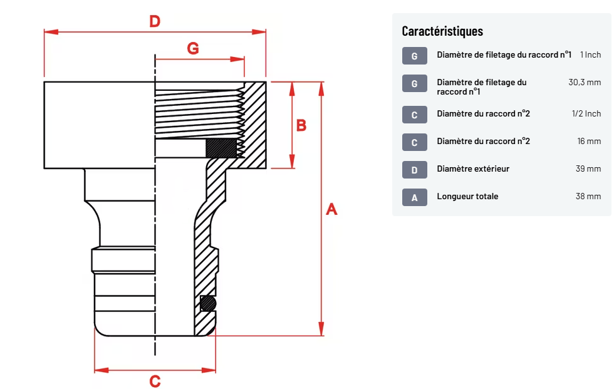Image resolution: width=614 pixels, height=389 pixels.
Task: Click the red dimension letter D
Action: (x=154, y=21)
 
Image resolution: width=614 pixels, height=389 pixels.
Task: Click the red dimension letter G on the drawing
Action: (x=193, y=48)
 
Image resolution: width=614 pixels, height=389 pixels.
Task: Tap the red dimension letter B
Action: (x=301, y=125)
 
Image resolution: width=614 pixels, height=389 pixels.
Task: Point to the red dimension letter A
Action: (x=332, y=209)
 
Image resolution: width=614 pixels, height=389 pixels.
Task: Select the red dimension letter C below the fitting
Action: (x=155, y=380)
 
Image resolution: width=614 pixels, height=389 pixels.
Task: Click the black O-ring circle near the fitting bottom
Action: (x=208, y=304)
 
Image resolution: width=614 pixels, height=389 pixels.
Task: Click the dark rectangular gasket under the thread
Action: (x=221, y=148)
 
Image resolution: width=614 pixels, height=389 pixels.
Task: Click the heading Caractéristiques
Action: (x=442, y=31)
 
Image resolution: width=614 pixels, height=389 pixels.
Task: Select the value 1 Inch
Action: (x=590, y=55)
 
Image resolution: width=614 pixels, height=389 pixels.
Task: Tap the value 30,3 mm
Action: (x=585, y=82)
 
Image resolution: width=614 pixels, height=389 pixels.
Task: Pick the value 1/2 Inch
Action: (x=586, y=114)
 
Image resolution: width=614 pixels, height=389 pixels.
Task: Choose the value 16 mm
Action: (x=589, y=142)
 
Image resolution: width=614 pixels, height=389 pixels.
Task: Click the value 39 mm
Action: (x=588, y=169)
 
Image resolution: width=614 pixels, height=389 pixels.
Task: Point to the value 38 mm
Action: (x=588, y=197)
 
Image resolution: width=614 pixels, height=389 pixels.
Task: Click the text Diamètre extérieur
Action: (x=473, y=169)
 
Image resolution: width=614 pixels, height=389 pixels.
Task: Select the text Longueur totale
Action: (x=467, y=197)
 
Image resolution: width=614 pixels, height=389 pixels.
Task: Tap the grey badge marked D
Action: (x=415, y=170)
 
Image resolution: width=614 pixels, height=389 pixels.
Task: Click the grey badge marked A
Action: (x=415, y=197)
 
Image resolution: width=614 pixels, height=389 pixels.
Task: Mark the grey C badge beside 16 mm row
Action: (x=415, y=142)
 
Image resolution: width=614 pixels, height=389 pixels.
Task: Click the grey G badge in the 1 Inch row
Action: (x=415, y=56)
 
